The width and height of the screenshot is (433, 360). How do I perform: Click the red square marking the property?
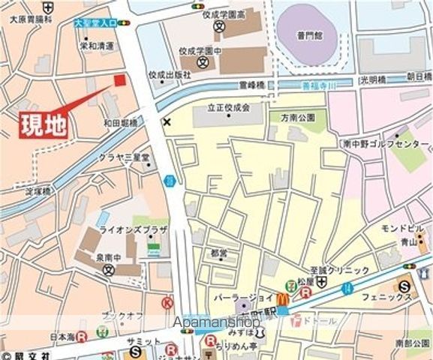119,80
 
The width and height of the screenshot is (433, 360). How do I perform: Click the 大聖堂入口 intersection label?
95,23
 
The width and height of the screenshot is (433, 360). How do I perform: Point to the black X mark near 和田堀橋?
167,121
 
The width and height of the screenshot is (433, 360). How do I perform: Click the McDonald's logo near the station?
282,298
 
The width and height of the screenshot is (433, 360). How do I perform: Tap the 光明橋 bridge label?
371,77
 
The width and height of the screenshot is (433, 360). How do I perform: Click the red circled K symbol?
167,303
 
